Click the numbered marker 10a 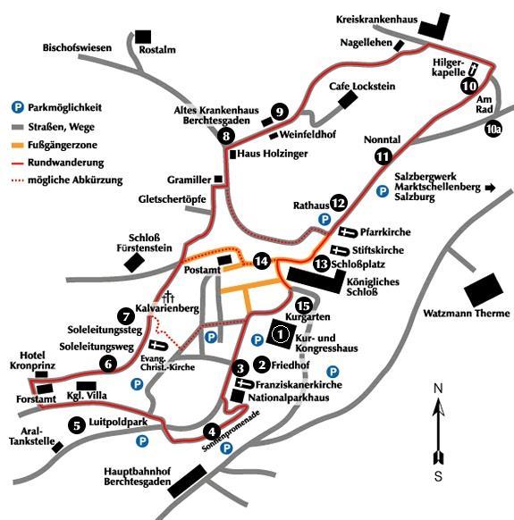click(493, 129)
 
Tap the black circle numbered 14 click(262, 261)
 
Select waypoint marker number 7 click(126, 316)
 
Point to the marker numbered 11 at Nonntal click(383, 156)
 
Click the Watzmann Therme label click(467, 314)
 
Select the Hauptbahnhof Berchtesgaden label click(138, 476)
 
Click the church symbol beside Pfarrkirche click(349, 232)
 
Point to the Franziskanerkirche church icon click(245, 383)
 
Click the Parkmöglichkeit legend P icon click(18, 107)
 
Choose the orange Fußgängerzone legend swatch click(18, 145)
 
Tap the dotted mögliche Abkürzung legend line click(18, 180)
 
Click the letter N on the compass click(438, 388)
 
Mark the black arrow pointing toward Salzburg click(490, 188)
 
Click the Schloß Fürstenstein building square click(134, 263)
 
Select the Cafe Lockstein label click(362, 87)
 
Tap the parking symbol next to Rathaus click(324, 219)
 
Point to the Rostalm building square click(143, 37)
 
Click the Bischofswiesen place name click(77, 47)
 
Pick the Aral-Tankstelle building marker click(57, 447)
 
